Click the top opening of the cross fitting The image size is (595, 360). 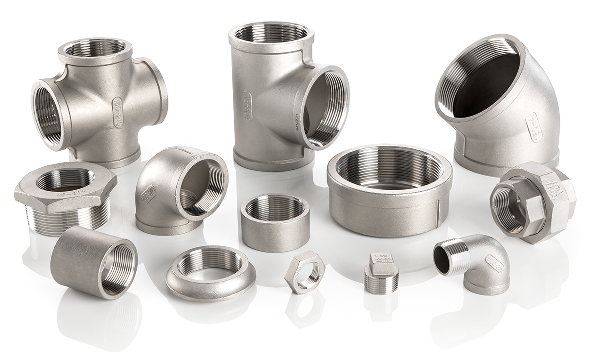pos(95,48)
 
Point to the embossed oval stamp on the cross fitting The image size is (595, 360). pos(117,112)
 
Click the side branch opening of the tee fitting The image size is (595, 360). pos(324,106)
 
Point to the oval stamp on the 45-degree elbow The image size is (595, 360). pos(533,127)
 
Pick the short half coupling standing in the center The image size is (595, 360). pos(275,222)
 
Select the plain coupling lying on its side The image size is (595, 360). pos(93,261)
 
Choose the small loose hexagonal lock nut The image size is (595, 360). pos(304,272)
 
